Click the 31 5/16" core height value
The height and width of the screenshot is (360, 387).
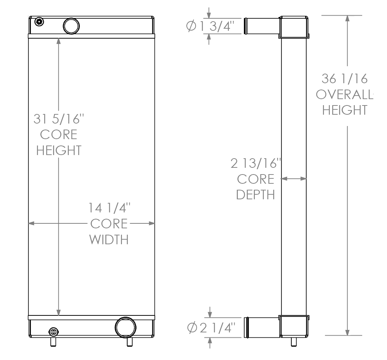click(x=59, y=119)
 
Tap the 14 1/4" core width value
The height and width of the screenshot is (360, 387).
click(x=110, y=208)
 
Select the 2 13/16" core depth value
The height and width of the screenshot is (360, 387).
click(x=256, y=163)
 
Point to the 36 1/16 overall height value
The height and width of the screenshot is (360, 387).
click(x=345, y=79)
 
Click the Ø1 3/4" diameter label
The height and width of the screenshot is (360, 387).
click(x=210, y=26)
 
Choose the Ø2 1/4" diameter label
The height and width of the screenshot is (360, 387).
click(x=211, y=328)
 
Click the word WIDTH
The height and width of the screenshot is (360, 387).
click(x=109, y=239)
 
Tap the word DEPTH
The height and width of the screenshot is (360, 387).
click(x=256, y=195)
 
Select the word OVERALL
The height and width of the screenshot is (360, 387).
click(x=344, y=95)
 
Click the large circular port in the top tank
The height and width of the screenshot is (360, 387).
click(x=71, y=26)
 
